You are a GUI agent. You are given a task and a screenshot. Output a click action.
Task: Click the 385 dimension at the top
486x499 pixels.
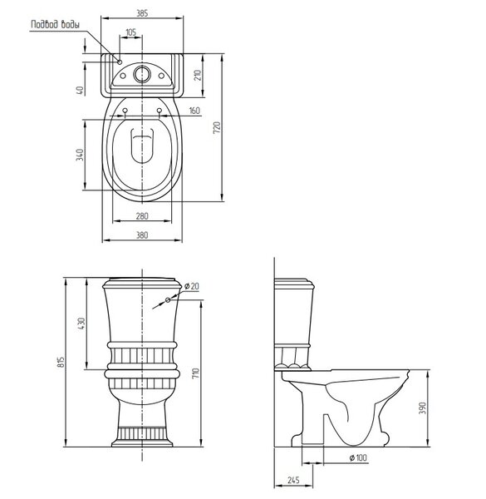click(x=142, y=13)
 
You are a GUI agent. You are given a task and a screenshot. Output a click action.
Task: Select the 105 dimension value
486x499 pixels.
click(x=130, y=32)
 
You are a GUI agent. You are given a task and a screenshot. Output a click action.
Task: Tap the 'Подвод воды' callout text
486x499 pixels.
click(x=56, y=24)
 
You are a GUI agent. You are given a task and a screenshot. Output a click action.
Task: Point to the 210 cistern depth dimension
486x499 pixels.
click(x=198, y=75)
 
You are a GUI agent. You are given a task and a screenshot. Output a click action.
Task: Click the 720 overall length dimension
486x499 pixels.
click(x=217, y=127)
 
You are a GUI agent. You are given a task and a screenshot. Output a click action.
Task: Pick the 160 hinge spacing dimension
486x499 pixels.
click(x=194, y=111)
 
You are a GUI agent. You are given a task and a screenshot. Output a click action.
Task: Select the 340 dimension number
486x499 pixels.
click(x=80, y=155)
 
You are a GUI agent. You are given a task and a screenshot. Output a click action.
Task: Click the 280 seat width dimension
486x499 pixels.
click(x=142, y=216)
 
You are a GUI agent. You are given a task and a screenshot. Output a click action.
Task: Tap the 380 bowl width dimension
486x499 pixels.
click(x=142, y=235)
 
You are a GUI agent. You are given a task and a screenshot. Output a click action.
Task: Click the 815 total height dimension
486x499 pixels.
click(x=61, y=362)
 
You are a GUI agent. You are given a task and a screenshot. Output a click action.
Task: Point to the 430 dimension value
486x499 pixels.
click(x=81, y=324)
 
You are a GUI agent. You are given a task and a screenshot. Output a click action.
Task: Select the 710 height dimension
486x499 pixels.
click(x=195, y=373)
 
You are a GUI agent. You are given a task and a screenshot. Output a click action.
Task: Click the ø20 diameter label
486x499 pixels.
click(x=192, y=286)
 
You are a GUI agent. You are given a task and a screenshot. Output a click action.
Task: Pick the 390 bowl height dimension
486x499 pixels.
click(x=422, y=408)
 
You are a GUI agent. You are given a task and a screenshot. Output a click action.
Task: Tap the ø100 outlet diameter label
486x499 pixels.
click(x=358, y=458)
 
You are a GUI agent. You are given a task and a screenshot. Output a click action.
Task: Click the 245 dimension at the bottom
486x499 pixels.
click(x=293, y=480)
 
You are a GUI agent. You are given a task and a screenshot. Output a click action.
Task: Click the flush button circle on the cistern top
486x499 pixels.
click(x=142, y=74)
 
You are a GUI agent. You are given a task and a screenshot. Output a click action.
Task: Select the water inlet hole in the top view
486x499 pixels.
click(x=120, y=62)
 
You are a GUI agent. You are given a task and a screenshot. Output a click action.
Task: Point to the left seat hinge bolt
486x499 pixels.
click(x=125, y=111)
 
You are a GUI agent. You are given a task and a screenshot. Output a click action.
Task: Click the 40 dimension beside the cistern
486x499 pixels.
click(x=81, y=90)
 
